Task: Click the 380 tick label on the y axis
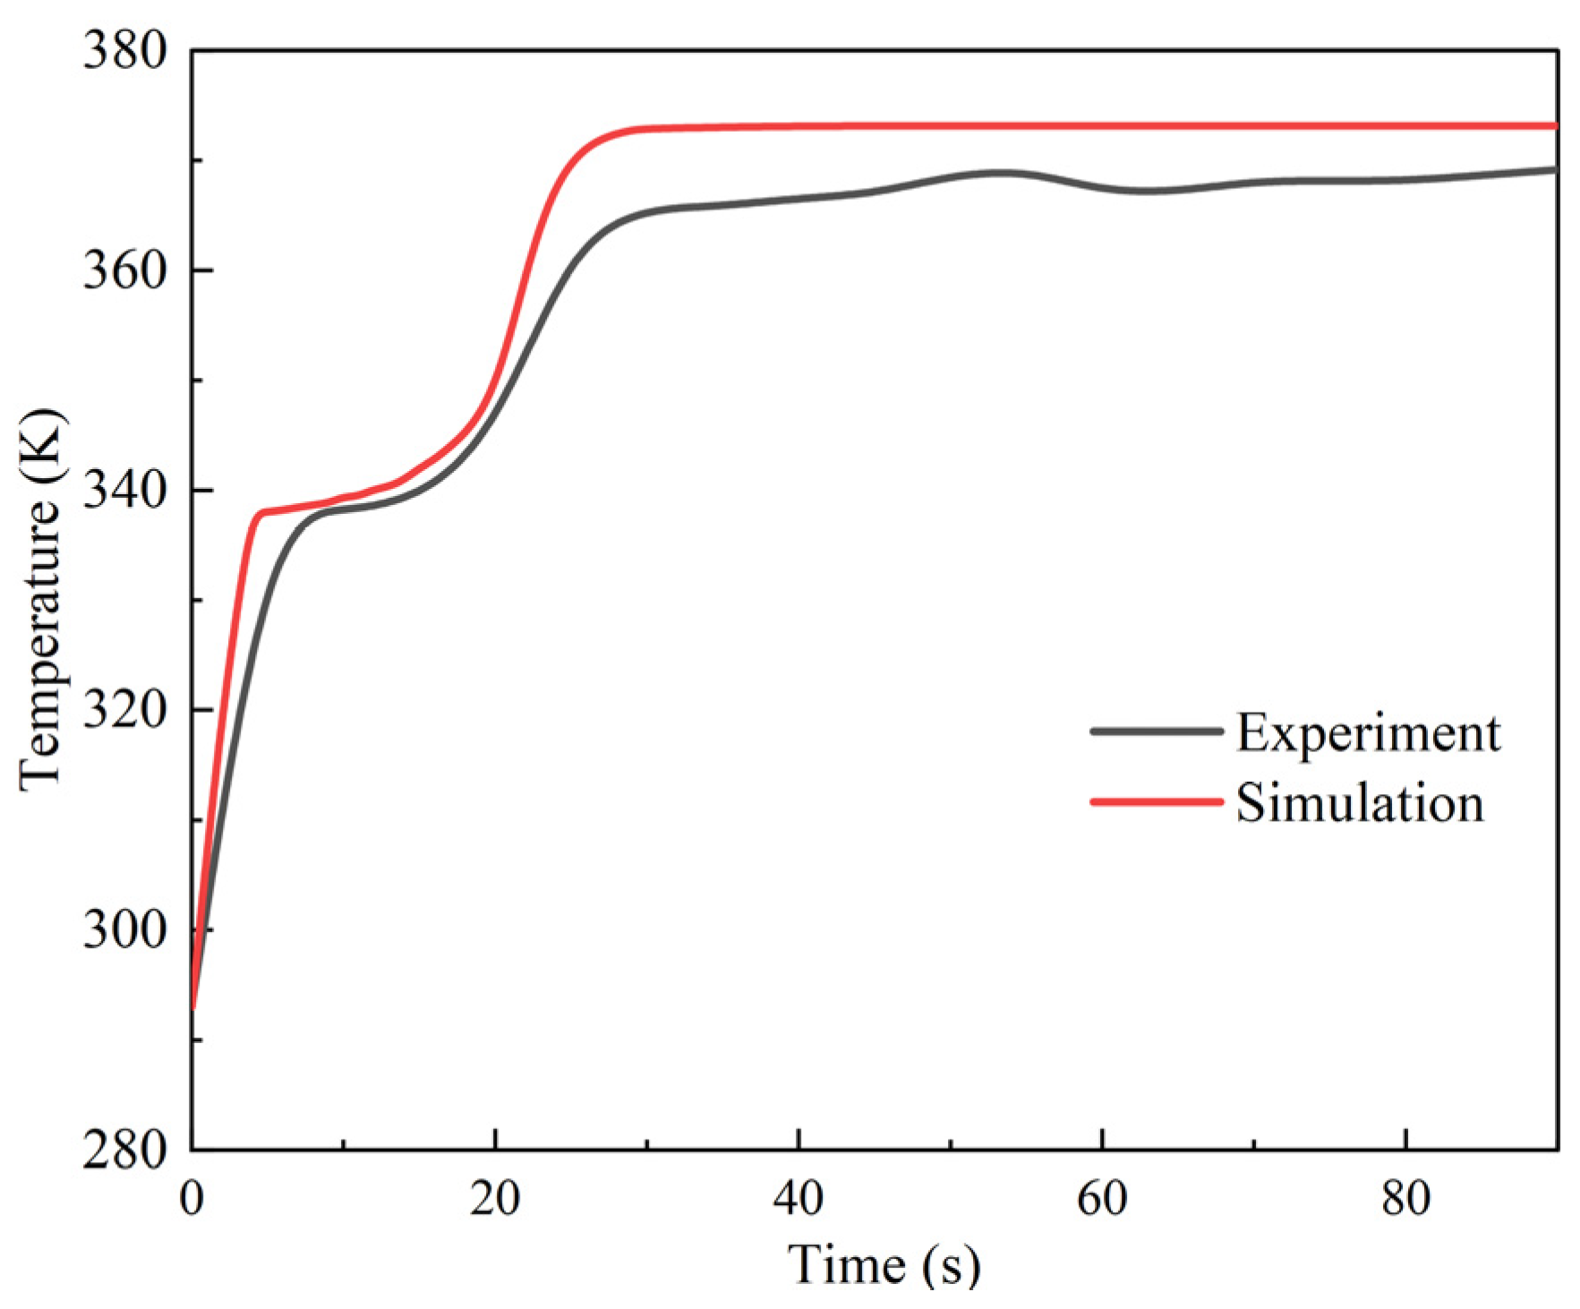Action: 125,50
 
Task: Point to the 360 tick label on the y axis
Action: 125,269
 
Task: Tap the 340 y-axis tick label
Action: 125,490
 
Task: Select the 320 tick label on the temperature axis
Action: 125,710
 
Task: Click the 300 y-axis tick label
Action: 125,930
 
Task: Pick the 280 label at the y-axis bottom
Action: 125,1150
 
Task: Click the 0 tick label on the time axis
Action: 192,1198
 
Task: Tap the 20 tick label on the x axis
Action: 495,1198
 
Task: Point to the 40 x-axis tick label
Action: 799,1198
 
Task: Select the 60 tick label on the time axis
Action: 1102,1198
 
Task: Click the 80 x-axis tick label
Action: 1405,1198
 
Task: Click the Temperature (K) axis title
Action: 42,600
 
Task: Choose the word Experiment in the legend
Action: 1368,732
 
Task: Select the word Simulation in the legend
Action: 1360,802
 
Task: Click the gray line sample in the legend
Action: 1157,731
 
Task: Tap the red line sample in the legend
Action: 1157,801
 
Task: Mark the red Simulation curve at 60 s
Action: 1102,126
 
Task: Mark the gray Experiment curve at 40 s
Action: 799,199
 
